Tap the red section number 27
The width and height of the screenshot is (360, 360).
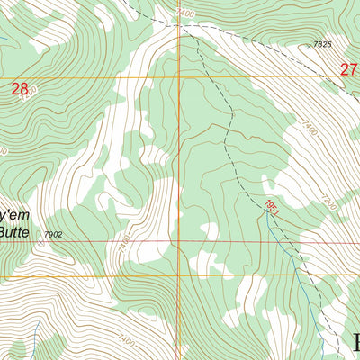tap(349, 69)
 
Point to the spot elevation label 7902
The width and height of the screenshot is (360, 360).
tap(53, 235)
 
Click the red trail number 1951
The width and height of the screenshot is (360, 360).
tap(273, 208)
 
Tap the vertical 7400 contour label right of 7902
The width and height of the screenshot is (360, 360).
tap(123, 243)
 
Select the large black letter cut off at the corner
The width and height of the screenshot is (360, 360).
tap(355, 343)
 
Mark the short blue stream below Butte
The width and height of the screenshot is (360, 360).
tap(33, 337)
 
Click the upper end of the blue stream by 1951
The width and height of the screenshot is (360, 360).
tap(267, 224)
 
